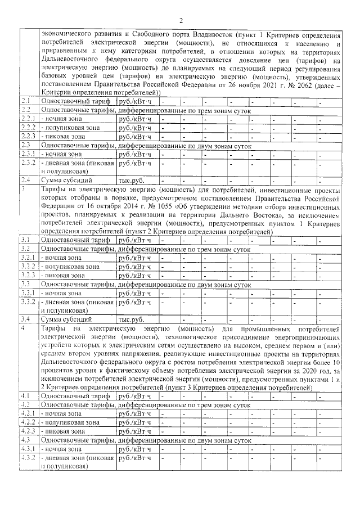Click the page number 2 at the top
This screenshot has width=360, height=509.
pos(181,21)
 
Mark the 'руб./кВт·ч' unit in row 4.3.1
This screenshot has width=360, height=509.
pos(135,448)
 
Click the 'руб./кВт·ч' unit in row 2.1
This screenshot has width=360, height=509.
pos(135,101)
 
